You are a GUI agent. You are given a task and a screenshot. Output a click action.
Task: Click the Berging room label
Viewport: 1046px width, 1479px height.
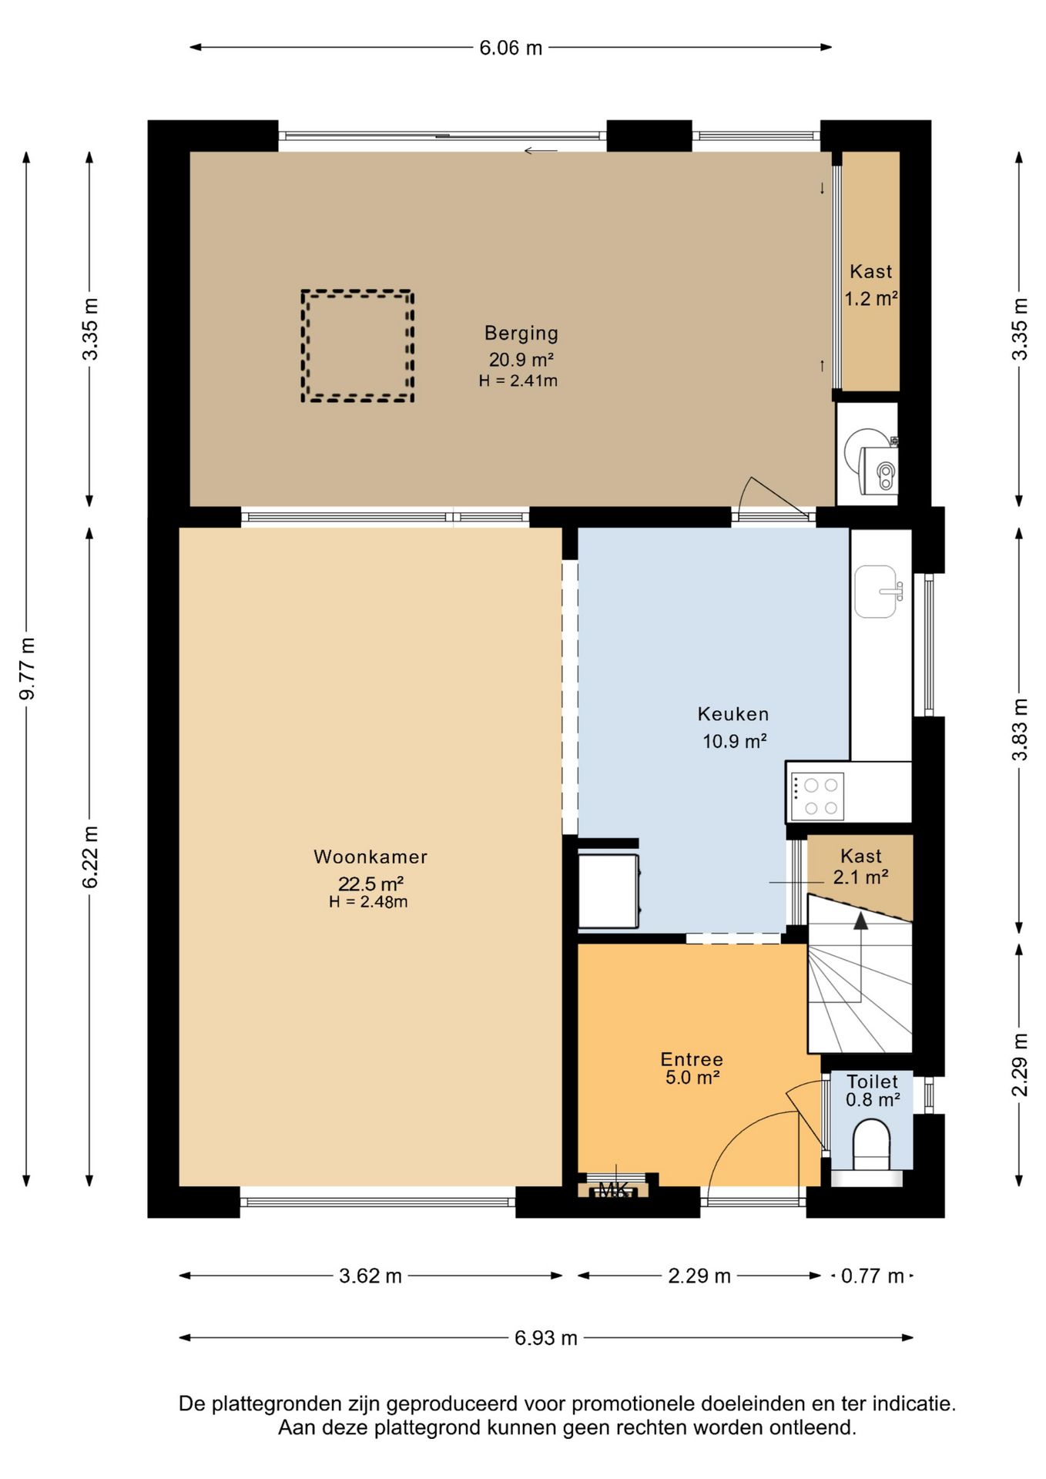click(x=521, y=334)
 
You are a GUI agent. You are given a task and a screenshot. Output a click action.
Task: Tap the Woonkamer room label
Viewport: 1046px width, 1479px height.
click(x=370, y=857)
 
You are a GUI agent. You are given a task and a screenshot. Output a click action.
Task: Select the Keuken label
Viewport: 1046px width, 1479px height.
click(x=733, y=714)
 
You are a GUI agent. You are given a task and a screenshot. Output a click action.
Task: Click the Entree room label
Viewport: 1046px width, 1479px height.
click(x=692, y=1059)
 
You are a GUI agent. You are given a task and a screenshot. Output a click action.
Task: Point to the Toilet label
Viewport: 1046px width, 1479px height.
click(x=873, y=1082)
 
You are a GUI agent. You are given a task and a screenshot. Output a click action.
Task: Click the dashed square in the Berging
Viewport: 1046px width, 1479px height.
click(x=357, y=290)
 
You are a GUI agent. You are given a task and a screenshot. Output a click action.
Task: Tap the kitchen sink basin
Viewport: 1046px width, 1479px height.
click(x=876, y=592)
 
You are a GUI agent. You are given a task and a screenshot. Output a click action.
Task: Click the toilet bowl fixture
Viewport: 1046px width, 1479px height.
click(x=871, y=1145)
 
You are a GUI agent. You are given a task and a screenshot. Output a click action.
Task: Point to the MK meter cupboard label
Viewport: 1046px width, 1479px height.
click(x=613, y=1190)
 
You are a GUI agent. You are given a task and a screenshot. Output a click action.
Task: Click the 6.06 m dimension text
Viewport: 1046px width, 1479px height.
click(x=511, y=48)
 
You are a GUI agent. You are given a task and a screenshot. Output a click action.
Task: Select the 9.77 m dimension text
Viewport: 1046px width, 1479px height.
click(x=27, y=669)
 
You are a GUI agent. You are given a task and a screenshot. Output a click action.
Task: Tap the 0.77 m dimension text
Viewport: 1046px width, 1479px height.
click(x=872, y=1276)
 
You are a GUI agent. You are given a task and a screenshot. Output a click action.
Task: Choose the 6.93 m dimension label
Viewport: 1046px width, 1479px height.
click(x=546, y=1338)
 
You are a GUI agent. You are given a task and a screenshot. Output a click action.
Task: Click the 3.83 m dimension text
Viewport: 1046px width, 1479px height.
click(x=1020, y=729)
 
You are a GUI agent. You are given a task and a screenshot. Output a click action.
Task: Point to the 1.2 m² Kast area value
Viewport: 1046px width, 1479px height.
click(x=871, y=298)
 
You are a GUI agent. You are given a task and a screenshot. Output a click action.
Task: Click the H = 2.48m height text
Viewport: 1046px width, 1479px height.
click(x=368, y=902)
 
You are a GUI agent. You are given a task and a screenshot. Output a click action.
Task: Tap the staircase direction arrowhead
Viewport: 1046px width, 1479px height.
click(x=860, y=921)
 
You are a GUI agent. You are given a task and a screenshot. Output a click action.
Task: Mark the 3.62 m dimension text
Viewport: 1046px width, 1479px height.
click(x=370, y=1276)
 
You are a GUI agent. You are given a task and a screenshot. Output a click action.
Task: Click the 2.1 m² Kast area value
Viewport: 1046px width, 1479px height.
click(x=861, y=877)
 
